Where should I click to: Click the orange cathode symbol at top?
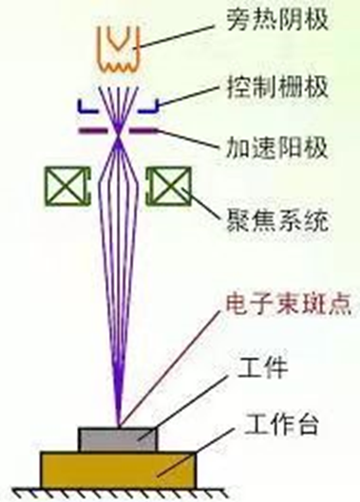coord(119,44)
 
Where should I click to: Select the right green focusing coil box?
coord(169,184)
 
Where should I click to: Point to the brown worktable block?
coord(118,467)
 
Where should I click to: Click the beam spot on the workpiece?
coord(119,426)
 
